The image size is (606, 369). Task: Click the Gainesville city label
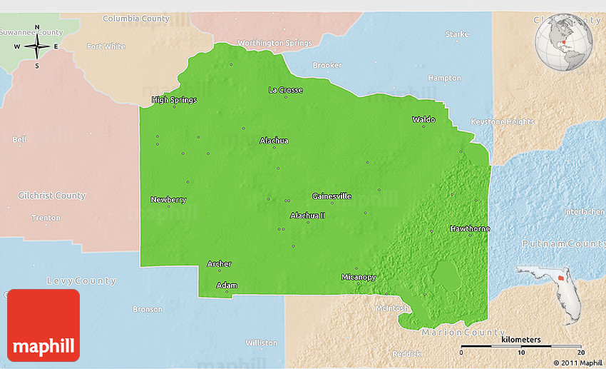tap(332, 196)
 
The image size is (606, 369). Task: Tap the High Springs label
tap(174, 100)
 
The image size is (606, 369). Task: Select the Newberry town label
tap(168, 200)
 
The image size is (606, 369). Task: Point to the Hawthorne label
tap(470, 228)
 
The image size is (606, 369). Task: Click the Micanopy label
tap(358, 277)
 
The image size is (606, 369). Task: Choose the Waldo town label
tap(423, 119)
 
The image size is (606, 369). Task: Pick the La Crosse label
tap(285, 90)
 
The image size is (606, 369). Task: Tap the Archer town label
tap(219, 264)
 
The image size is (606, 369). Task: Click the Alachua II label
tap(307, 216)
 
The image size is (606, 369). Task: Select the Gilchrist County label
tap(51, 196)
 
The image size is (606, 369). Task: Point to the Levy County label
tap(81, 280)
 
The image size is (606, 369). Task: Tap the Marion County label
tap(463, 333)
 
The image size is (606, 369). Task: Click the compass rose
tap(37, 47)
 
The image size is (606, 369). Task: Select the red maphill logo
tap(43, 325)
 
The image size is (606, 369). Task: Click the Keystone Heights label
tap(503, 122)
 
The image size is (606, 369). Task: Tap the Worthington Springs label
tap(274, 43)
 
